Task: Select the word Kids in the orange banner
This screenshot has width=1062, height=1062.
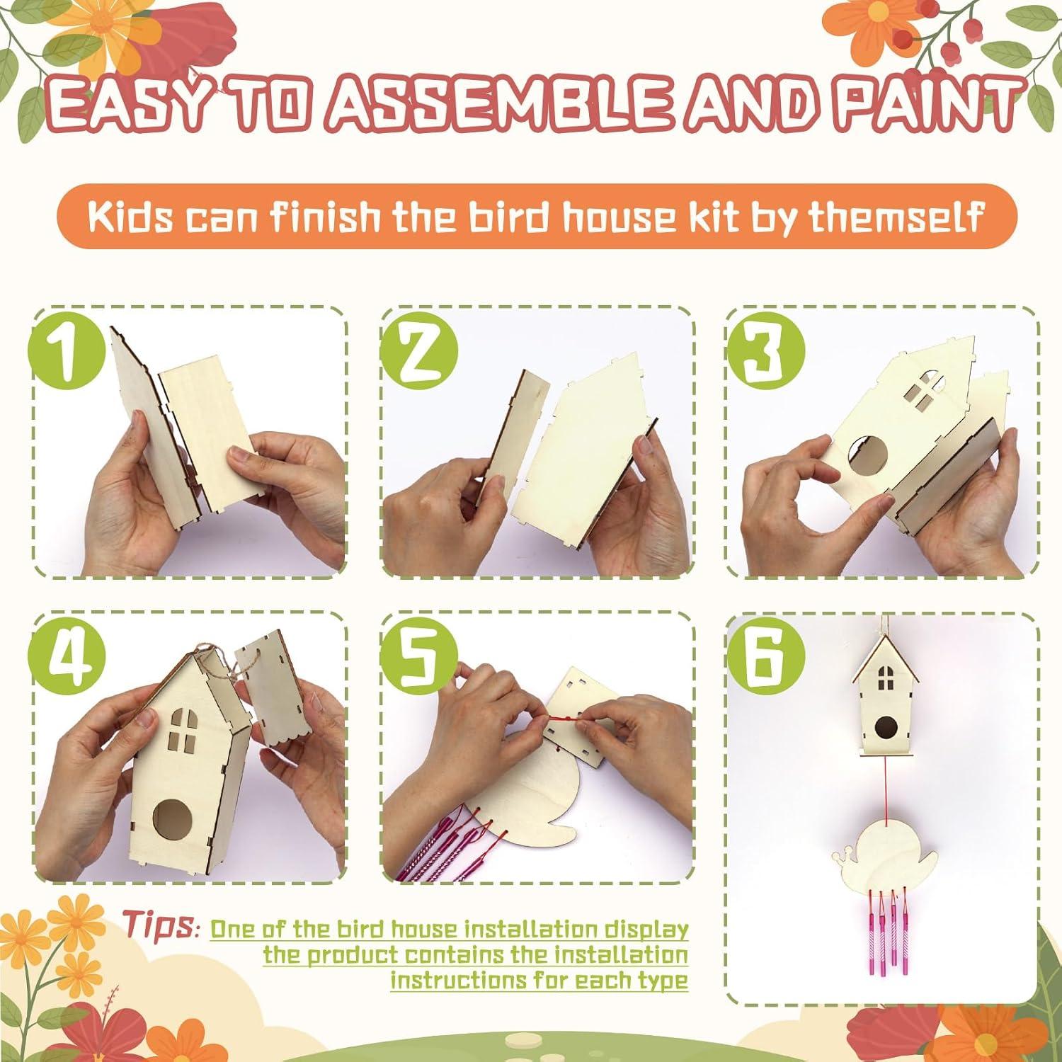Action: [x=130, y=216]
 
